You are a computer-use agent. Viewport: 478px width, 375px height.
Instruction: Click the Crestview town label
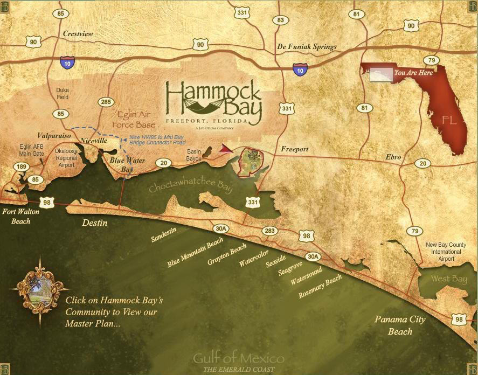click(x=78, y=34)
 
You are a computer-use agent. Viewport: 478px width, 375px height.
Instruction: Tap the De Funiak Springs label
click(x=307, y=47)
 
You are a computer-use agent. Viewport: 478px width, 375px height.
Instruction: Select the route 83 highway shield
click(x=280, y=20)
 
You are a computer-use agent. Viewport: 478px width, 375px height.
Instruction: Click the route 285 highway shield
click(x=106, y=102)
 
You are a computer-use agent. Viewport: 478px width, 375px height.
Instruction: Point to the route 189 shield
click(x=22, y=168)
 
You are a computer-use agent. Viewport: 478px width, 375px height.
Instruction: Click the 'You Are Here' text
click(x=413, y=72)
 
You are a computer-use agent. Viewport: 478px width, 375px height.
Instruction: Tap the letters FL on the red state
click(x=449, y=120)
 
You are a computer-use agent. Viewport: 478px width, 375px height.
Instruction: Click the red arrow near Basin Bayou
click(x=226, y=149)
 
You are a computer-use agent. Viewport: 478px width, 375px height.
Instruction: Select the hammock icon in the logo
click(x=214, y=103)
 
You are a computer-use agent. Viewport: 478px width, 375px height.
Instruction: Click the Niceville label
click(x=94, y=141)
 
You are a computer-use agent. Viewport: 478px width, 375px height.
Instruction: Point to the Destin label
click(x=95, y=223)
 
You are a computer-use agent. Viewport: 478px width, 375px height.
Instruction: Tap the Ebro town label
click(x=393, y=157)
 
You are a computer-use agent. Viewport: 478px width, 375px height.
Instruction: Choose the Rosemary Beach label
click(x=320, y=286)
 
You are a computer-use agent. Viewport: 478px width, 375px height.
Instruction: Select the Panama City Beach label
click(x=400, y=325)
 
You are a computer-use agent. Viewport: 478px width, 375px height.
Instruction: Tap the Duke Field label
click(x=63, y=94)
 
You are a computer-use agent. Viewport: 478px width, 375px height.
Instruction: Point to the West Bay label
click(x=449, y=279)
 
